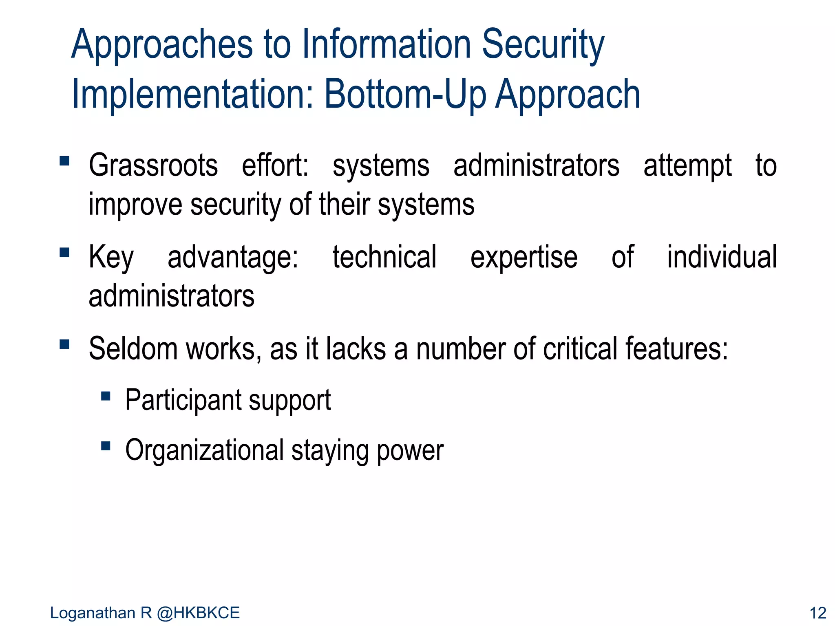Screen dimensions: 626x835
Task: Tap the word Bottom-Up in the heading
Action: point(405,94)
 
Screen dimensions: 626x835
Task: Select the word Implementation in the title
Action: point(192,95)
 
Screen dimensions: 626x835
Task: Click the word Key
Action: point(111,258)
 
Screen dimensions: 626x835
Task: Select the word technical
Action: point(384,257)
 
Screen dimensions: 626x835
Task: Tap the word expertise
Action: point(524,258)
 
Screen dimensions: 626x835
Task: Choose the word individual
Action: point(722,257)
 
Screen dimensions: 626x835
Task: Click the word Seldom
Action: point(133,349)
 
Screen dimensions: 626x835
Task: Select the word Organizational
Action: point(204,451)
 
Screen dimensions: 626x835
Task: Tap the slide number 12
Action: point(817,613)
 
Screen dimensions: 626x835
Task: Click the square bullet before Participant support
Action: point(106,396)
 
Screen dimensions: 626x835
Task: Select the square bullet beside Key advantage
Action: point(64,253)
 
